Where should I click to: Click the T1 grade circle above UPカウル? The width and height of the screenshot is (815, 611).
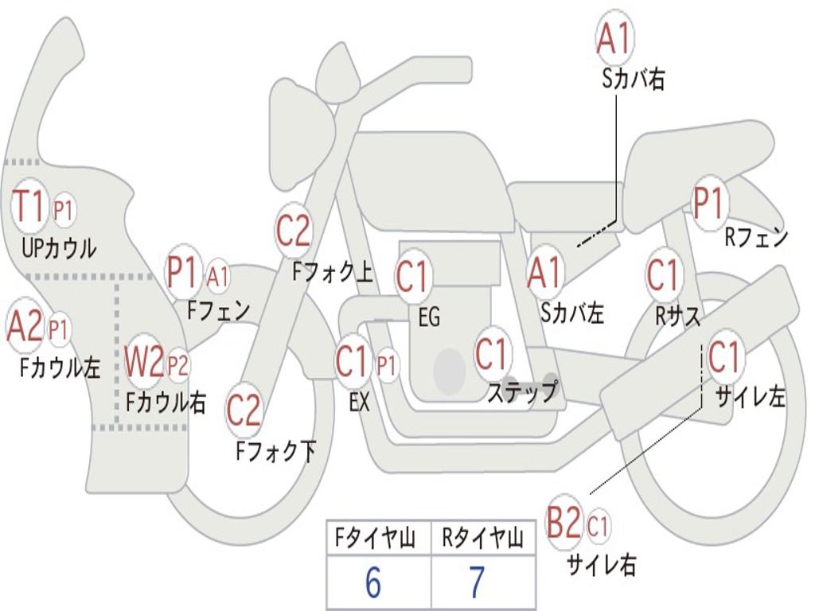coord(29,206)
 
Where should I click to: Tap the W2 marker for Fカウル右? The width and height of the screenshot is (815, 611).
coord(143,362)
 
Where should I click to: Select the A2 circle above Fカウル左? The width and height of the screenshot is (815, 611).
coord(25,326)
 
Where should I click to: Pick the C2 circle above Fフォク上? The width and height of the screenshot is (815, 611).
coord(294,231)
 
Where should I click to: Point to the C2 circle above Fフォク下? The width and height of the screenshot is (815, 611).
coord(244,411)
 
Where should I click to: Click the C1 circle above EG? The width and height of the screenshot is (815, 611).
coord(413,276)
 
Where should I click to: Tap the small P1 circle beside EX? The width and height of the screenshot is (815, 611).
coord(386,365)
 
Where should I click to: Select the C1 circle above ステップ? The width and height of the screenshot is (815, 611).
coord(492,353)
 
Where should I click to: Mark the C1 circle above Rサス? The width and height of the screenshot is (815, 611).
coord(663,274)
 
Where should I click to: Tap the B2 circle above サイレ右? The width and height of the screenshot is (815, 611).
coord(564,521)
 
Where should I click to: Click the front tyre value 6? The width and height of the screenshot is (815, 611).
coord(373,582)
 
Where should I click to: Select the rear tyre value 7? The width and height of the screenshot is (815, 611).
coord(478,582)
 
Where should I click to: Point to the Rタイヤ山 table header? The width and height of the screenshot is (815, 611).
coord(482,537)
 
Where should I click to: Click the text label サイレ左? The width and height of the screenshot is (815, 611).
coord(750,398)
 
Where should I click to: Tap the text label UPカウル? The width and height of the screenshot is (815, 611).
coord(59,248)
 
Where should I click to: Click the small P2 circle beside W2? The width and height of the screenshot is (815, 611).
coord(177,365)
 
